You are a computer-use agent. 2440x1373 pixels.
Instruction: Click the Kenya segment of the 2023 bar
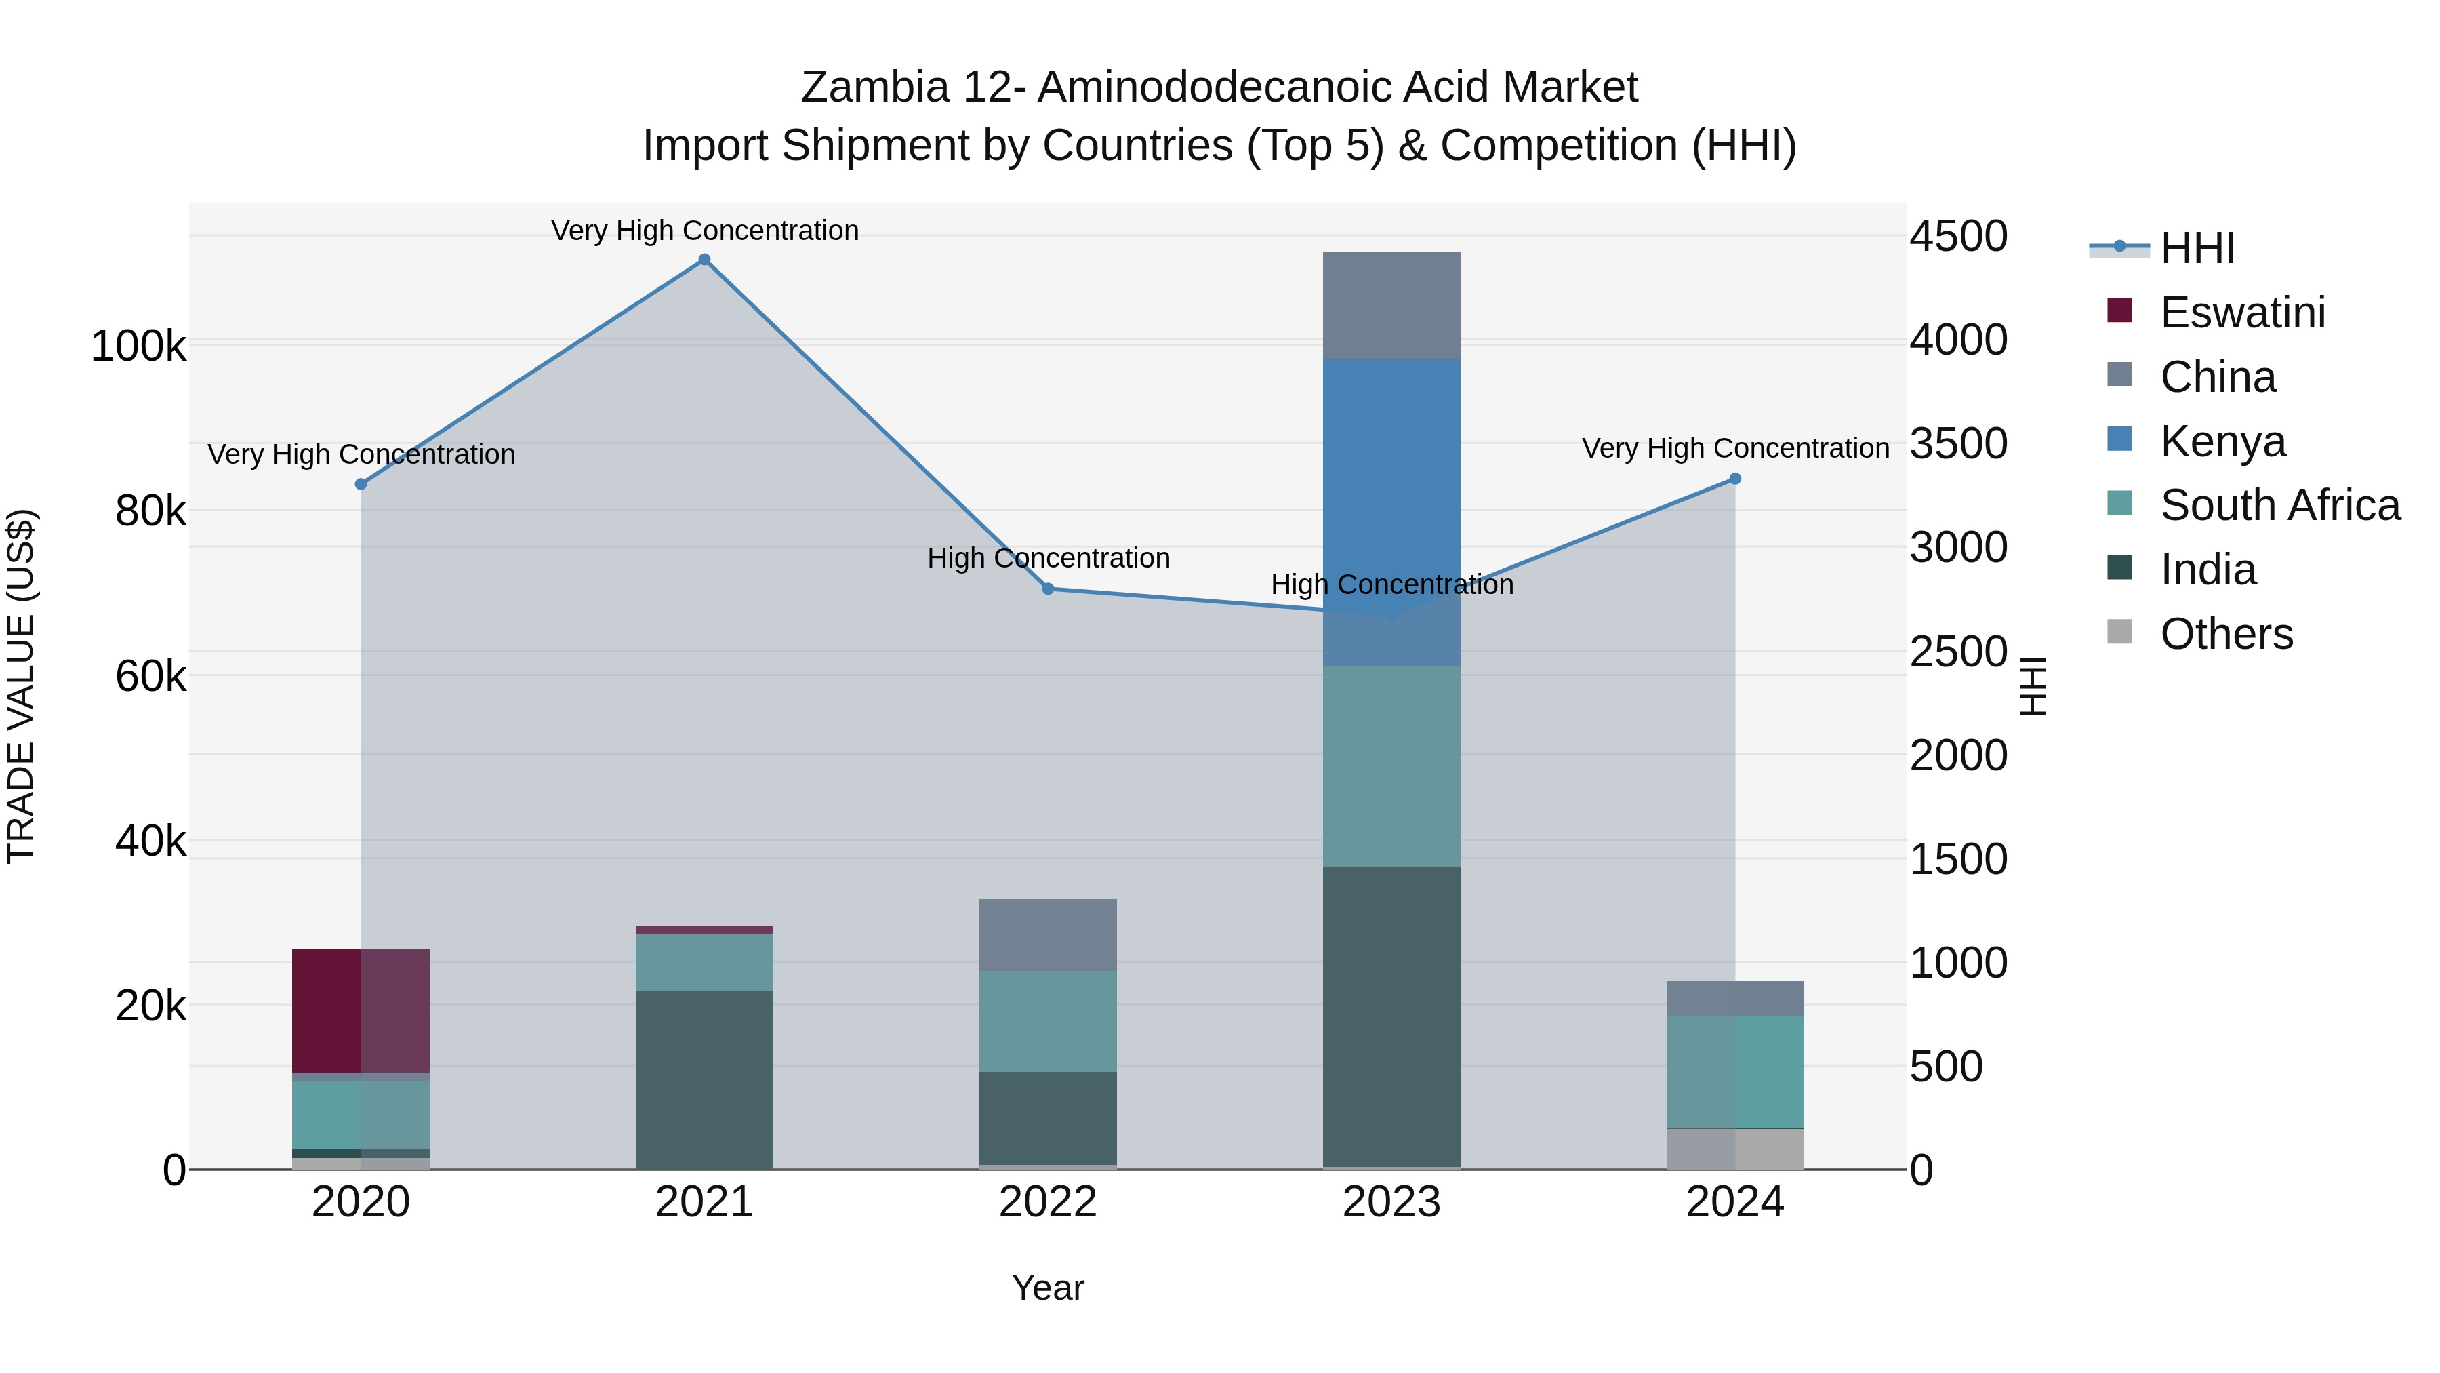1391,512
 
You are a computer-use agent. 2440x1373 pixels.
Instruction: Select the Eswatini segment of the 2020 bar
360,1010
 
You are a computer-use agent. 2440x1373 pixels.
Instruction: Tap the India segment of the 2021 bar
704,1079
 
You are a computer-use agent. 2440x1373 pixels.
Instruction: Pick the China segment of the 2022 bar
1048,934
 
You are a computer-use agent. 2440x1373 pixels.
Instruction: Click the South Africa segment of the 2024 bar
1734,1072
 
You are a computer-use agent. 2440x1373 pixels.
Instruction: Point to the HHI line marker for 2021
704,260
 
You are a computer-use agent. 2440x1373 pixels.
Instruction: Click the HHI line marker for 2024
1734,479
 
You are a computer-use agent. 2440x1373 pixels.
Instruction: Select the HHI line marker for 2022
1048,589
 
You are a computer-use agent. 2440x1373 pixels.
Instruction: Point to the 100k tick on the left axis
138,346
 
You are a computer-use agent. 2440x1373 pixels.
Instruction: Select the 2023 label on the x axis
1391,1202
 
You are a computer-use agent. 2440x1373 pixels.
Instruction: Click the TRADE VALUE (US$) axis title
22,686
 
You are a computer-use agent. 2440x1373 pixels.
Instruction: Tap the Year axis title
1048,1288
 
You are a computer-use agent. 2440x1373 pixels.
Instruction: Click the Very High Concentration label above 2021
705,231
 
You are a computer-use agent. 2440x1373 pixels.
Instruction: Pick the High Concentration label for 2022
1049,558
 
